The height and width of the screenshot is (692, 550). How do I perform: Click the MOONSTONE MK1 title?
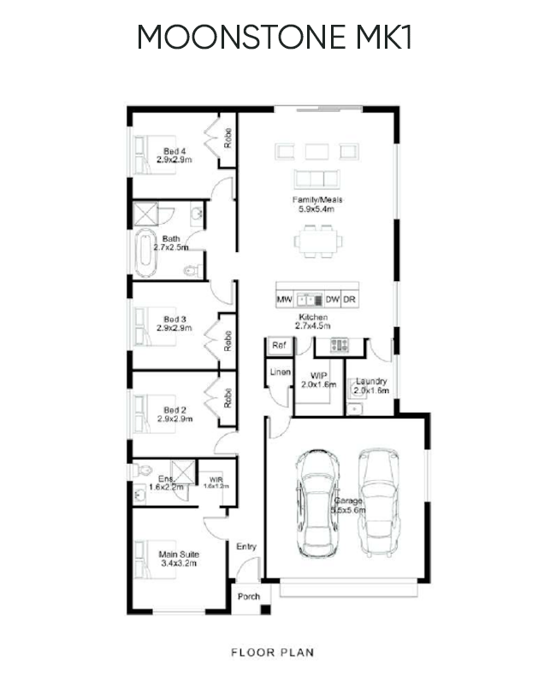[x=274, y=38]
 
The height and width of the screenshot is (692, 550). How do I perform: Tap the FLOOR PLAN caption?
[x=273, y=653]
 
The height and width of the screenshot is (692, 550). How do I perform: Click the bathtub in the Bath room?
[x=144, y=252]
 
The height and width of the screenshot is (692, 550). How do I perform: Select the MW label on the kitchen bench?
[x=285, y=300]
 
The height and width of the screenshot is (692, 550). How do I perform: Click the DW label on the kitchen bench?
[x=333, y=300]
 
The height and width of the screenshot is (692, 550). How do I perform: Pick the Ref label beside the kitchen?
[x=278, y=346]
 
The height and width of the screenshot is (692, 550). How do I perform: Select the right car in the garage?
[x=376, y=494]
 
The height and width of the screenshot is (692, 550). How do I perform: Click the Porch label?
[x=249, y=597]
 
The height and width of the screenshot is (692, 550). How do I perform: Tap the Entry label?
[x=245, y=547]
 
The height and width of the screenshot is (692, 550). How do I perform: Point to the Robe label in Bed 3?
[x=228, y=341]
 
